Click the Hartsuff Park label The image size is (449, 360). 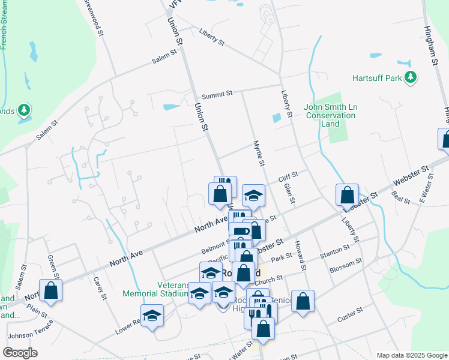[x=376, y=78]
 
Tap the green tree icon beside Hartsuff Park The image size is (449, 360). [x=411, y=77]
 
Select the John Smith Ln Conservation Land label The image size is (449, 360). [x=330, y=115]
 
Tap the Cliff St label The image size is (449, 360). [x=288, y=177]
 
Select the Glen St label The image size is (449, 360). [x=288, y=194]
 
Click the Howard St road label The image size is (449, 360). [x=301, y=256]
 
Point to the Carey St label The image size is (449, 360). [x=99, y=288]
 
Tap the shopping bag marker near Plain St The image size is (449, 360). [x=51, y=290]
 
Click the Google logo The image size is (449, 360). [x=20, y=353]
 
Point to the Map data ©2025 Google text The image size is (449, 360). [x=412, y=355]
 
